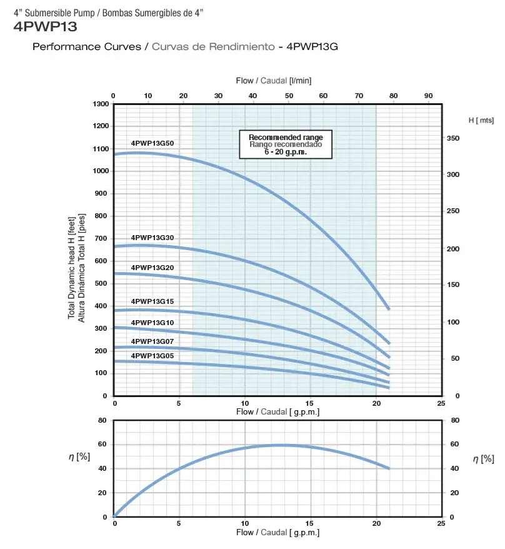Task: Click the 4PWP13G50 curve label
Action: (x=152, y=143)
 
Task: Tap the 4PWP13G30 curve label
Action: (x=152, y=238)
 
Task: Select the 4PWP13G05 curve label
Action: (x=152, y=355)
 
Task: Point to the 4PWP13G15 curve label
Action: (x=152, y=301)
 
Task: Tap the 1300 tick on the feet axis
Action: (x=100, y=104)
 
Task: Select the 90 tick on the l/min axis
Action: (x=428, y=96)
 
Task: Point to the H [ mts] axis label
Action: (x=481, y=119)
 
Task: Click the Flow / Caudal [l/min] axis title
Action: (x=274, y=81)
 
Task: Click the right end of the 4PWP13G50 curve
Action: (x=389, y=309)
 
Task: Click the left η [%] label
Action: (x=79, y=457)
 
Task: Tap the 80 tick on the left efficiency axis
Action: (x=102, y=421)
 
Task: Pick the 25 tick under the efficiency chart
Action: (x=441, y=523)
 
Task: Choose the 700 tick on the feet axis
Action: (x=100, y=238)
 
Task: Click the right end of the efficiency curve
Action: (x=389, y=468)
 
